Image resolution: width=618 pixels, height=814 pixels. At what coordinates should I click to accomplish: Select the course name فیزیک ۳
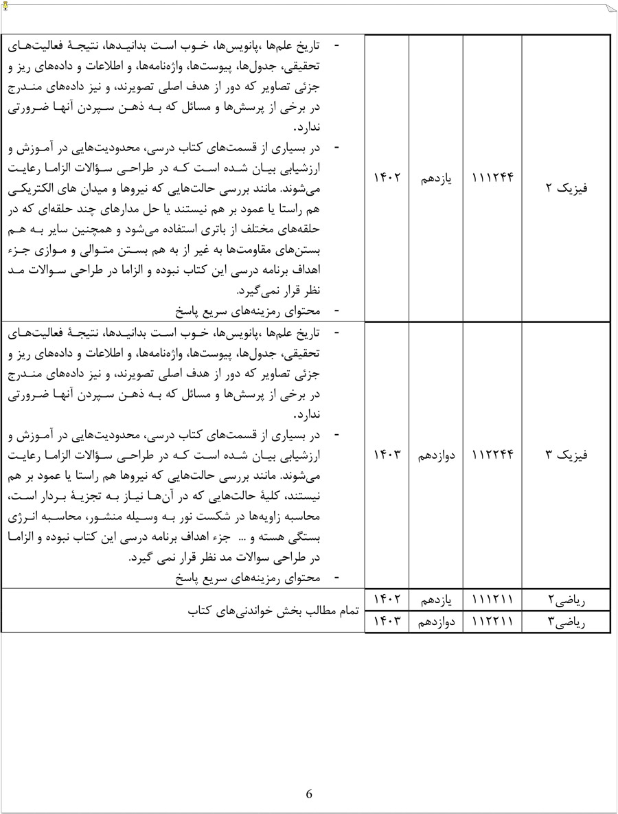point(566,455)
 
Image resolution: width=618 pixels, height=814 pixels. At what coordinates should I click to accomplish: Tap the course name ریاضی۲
point(566,600)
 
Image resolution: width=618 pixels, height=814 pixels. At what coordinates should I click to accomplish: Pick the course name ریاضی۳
point(566,622)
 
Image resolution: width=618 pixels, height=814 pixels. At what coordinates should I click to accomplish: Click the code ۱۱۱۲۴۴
point(493,178)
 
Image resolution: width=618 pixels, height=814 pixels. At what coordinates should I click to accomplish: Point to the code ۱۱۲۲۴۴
point(493,455)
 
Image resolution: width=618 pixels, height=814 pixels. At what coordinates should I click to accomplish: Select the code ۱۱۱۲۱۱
point(493,600)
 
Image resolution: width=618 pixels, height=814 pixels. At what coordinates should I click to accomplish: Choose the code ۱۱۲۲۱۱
point(493,622)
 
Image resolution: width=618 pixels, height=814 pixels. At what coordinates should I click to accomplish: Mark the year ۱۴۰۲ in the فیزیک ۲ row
point(386,178)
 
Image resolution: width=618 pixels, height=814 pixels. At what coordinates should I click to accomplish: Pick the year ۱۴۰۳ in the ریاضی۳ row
point(386,622)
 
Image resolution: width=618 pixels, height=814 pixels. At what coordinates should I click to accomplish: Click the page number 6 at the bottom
point(309,794)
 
